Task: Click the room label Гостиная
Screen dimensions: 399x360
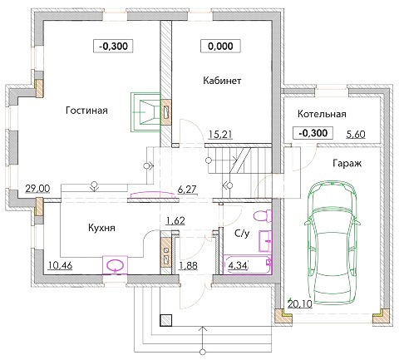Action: coord(86,111)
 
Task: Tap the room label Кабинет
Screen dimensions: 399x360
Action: coord(222,81)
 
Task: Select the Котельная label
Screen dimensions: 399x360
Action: coord(322,114)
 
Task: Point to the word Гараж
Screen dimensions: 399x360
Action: coord(347,164)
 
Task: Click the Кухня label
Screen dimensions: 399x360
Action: coord(101,228)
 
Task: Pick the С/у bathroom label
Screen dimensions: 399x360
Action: coord(242,234)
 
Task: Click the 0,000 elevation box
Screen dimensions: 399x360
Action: coord(220,47)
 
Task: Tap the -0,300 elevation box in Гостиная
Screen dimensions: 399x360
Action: coord(113,47)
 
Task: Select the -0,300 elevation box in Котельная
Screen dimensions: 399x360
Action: coord(313,133)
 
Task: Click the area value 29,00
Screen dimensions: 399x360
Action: coord(37,189)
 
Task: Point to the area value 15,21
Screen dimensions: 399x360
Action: coord(220,135)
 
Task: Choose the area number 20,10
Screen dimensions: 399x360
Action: coord(300,304)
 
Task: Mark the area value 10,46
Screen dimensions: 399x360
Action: coord(60,265)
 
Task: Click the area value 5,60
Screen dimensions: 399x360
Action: coord(356,135)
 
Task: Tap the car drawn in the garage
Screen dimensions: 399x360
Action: coord(332,243)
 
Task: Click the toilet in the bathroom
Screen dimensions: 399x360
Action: coord(262,216)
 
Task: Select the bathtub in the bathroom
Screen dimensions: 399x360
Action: coord(247,264)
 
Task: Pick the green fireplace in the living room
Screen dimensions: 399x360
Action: coord(145,112)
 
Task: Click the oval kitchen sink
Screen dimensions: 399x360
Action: coord(116,265)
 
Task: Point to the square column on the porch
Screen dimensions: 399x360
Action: coord(166,320)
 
